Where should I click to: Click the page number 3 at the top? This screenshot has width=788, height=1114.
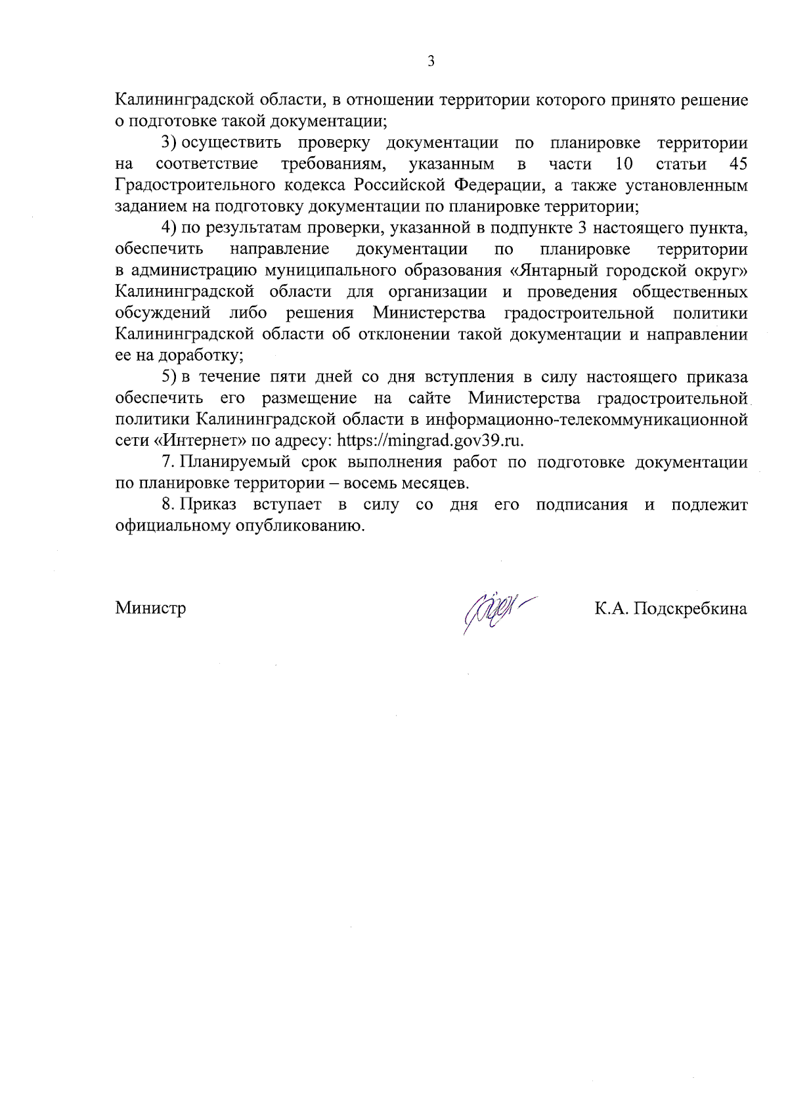(x=431, y=62)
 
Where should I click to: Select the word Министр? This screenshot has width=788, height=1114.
(x=150, y=608)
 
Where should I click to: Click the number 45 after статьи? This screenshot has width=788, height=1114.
(x=738, y=163)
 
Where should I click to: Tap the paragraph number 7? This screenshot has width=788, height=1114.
(x=167, y=462)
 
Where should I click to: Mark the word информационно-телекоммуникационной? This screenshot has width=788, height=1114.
(x=587, y=419)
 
